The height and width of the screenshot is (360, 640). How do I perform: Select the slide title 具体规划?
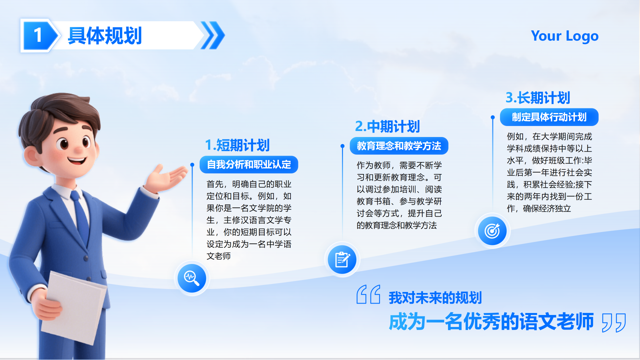tap(105, 36)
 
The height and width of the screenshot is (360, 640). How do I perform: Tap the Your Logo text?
tap(565, 36)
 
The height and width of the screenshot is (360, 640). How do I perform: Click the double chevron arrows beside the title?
tap(213, 35)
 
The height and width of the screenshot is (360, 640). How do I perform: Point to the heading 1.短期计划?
tap(237, 145)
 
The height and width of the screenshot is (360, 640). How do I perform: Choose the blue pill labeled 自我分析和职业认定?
tap(249, 165)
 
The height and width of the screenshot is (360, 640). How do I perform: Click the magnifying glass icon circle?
tap(192, 278)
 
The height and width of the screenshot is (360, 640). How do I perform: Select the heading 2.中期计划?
tap(387, 127)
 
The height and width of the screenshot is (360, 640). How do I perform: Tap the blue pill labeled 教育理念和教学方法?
tap(399, 146)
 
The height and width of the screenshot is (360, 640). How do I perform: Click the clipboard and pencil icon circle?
tap(342, 260)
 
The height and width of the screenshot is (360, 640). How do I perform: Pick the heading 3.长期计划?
tap(538, 98)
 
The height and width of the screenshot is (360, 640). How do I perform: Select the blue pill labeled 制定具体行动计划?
tap(549, 117)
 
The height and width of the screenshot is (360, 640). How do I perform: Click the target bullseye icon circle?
tap(492, 231)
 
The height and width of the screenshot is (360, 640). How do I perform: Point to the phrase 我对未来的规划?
tap(435, 298)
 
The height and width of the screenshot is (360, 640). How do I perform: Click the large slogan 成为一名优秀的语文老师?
tap(491, 322)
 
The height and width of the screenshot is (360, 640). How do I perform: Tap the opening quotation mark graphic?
tap(368, 294)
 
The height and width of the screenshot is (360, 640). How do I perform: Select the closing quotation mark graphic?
tap(614, 322)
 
